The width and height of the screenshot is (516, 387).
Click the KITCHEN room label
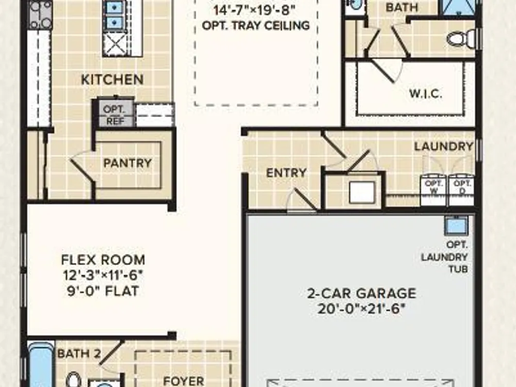pos(112,79)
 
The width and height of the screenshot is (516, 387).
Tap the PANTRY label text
pos(127,163)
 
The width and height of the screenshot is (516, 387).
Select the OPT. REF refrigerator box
pos(113,113)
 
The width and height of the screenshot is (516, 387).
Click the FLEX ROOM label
pos(103,260)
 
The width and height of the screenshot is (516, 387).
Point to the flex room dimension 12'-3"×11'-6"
pos(103,275)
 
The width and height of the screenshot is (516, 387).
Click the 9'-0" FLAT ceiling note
pos(103,291)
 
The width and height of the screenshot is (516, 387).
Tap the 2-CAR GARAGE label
pos(362,293)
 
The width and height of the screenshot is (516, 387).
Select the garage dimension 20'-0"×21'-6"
pos(361,309)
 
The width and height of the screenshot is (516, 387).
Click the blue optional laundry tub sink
pos(456,225)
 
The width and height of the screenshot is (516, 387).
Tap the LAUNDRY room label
pos(444,147)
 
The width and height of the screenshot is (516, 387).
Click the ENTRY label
pos(286,173)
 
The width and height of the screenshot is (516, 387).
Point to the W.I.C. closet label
pos(426,94)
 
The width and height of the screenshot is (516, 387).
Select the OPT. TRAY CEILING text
pos(256,26)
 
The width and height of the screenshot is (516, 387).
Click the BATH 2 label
pos(79,354)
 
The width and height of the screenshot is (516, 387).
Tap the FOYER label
pos(184,381)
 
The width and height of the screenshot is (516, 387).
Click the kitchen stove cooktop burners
pos(40,14)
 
